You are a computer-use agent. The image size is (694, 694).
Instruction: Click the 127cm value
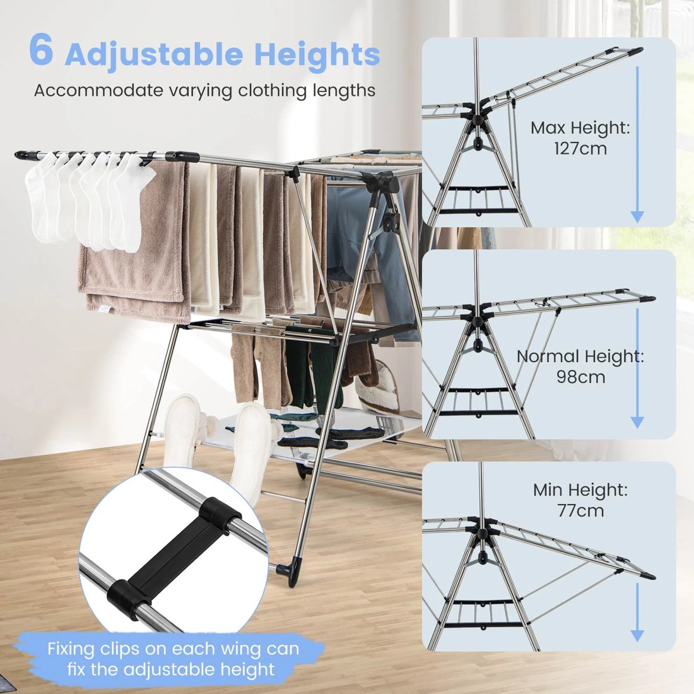(580, 149)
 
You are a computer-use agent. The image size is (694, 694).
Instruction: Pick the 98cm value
(580, 377)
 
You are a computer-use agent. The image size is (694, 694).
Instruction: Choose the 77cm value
(580, 510)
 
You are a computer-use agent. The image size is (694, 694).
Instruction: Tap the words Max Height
(580, 128)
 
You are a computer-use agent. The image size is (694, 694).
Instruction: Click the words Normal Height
(580, 356)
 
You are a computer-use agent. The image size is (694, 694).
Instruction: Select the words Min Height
(580, 489)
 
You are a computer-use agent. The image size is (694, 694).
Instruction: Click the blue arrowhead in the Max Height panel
(637, 216)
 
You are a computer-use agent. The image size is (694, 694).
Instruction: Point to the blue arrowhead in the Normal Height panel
(637, 421)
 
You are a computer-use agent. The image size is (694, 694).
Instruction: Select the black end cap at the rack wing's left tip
(25, 154)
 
